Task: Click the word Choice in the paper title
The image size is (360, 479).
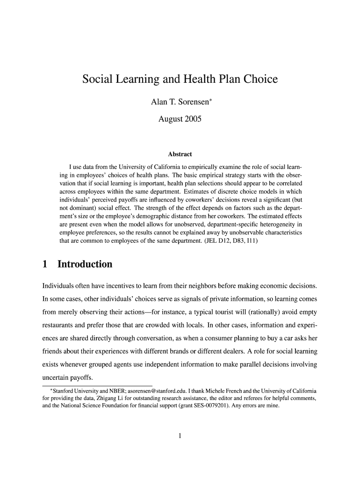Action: [x=259, y=80]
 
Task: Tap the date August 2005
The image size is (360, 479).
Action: [x=180, y=119]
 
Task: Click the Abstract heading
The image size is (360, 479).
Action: [x=180, y=154]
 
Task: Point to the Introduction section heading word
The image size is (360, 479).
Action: [x=85, y=264]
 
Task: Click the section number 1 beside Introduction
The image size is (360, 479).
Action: [x=45, y=264]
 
